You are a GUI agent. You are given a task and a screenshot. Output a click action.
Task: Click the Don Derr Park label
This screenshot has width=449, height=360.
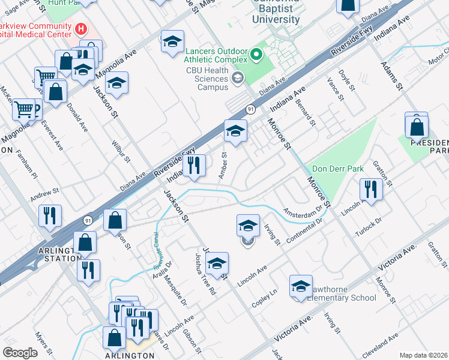334,169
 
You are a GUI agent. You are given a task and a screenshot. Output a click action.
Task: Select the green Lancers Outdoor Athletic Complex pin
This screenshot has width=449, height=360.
257,56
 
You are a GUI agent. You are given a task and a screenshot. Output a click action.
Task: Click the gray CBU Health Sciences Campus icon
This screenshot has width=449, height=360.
238,77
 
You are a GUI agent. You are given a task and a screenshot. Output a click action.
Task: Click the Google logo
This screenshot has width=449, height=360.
20,352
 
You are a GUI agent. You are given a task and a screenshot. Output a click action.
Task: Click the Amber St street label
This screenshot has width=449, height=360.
223,164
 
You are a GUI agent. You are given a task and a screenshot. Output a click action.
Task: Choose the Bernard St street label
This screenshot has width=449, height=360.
305,113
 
